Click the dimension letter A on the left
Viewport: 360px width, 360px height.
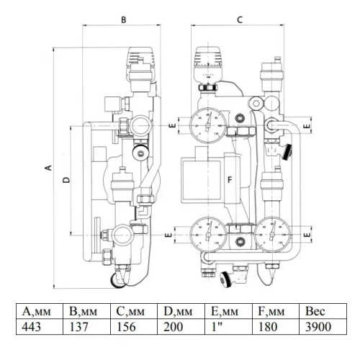coord(48,167)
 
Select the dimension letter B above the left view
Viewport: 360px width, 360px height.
coord(123,20)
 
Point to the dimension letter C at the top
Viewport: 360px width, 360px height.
coord(239,20)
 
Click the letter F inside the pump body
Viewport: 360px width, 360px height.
coord(230,179)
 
